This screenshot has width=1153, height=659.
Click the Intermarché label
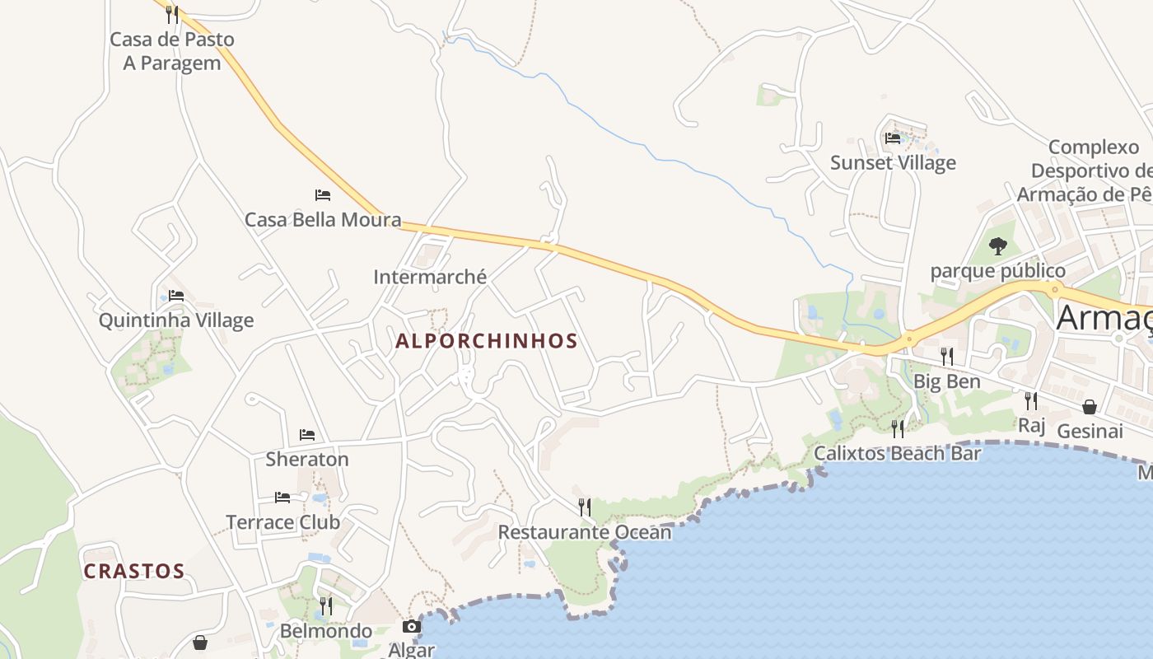click(x=430, y=277)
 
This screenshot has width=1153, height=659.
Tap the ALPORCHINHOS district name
click(x=487, y=341)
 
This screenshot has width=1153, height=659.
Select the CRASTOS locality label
click(x=134, y=571)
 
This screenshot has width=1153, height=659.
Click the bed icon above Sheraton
click(x=307, y=435)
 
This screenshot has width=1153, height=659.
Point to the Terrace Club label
click(x=282, y=522)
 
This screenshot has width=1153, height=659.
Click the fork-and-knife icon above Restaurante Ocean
click(x=585, y=507)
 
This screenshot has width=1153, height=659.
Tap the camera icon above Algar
click(x=411, y=627)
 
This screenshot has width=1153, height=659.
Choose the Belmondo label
click(x=326, y=631)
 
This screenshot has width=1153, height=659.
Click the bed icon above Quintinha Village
click(x=176, y=296)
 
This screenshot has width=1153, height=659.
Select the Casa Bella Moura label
click(x=323, y=220)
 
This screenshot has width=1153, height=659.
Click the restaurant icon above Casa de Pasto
click(x=171, y=14)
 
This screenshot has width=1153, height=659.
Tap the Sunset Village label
click(x=893, y=162)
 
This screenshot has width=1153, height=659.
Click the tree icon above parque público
click(x=997, y=245)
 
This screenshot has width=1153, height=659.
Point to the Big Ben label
click(x=947, y=381)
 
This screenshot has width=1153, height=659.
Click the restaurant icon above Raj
click(x=1030, y=401)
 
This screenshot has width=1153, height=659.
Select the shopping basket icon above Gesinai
click(x=1089, y=407)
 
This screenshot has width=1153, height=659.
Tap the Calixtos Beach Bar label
click(x=898, y=453)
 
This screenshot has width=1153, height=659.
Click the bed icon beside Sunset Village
click(x=893, y=138)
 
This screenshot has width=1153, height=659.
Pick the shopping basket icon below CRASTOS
click(x=199, y=643)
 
